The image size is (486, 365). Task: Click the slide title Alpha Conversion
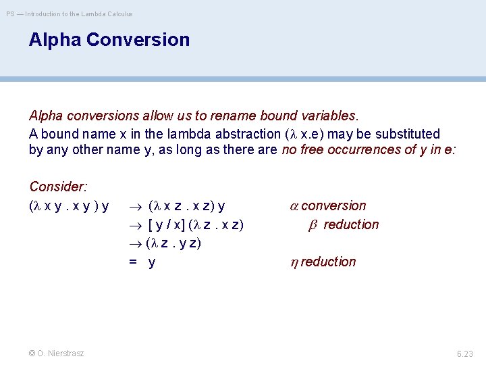click(x=109, y=40)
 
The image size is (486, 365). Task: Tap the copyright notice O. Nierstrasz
click(x=57, y=353)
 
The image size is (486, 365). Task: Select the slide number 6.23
click(x=465, y=354)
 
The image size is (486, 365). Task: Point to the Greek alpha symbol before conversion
click(x=294, y=206)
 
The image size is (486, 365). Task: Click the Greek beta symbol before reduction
click(x=313, y=225)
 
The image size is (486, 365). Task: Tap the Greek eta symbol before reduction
click(x=294, y=262)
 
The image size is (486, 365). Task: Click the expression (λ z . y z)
click(x=173, y=243)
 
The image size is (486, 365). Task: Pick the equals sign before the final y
click(x=134, y=262)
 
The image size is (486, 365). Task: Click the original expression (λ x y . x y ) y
click(x=70, y=205)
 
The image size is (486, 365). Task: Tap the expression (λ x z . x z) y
click(x=186, y=205)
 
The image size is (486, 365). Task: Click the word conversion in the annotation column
click(x=333, y=205)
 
